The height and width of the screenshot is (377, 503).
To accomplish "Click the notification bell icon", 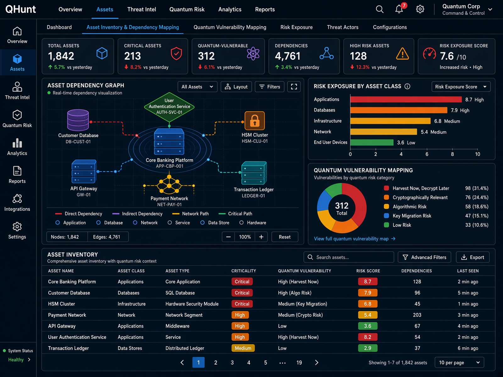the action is (399, 9).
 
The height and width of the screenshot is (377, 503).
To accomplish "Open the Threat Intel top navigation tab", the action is (141, 9).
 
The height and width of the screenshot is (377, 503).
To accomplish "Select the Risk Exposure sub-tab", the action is (296, 27).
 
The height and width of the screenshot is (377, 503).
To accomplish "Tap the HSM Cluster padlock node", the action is (255, 121).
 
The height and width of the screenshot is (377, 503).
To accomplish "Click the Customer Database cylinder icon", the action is (78, 120).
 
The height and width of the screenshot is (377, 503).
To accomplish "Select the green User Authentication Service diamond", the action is (169, 107).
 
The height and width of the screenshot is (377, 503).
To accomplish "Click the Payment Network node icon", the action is (169, 184).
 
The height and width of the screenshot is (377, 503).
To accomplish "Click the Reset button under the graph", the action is (285, 237).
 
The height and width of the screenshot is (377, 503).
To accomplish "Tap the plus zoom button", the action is (261, 237).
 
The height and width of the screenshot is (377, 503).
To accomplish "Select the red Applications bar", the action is (406, 99).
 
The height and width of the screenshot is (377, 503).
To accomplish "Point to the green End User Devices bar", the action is (372, 142).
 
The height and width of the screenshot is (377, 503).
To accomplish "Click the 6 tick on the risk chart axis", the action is (427, 154).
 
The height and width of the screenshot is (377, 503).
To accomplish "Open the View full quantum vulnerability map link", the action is (355, 239).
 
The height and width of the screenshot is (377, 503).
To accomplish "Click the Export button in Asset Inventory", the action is (473, 257).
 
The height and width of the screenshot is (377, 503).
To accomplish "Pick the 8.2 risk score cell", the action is (368, 337).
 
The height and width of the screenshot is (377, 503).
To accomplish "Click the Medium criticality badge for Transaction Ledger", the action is (243, 348).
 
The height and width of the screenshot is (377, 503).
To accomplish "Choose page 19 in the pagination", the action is (299, 363).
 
